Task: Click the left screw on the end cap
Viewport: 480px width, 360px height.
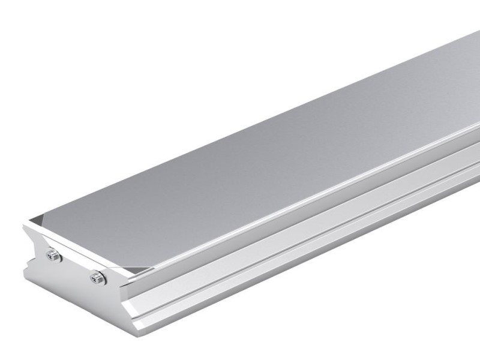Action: (x=53, y=256)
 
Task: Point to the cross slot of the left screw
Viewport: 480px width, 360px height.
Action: (x=53, y=256)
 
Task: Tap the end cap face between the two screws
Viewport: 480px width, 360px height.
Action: (x=74, y=266)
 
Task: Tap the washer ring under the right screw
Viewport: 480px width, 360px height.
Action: (x=100, y=280)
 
